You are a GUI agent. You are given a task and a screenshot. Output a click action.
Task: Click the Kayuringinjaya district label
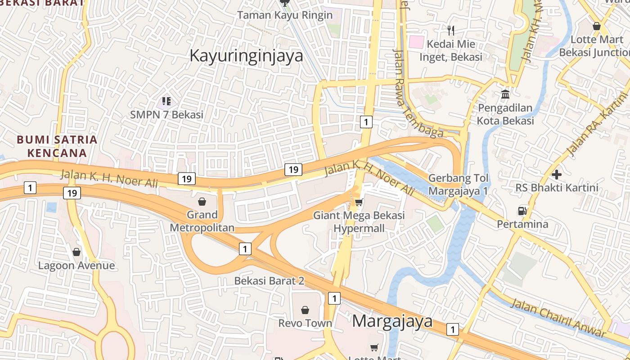[246, 56]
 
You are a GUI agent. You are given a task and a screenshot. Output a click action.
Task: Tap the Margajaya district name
[392, 321]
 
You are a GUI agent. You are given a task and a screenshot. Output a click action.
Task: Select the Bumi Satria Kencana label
[57, 146]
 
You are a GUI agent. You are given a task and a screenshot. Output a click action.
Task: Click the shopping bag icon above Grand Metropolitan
[202, 201]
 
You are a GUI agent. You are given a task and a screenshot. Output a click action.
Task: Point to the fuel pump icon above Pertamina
[522, 211]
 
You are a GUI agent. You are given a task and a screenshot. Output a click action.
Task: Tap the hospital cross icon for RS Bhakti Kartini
[557, 174]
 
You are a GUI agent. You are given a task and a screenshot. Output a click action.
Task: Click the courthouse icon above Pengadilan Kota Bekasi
[505, 94]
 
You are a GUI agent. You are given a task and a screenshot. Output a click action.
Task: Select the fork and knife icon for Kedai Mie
[451, 30]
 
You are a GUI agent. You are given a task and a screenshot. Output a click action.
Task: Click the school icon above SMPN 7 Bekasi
[166, 101]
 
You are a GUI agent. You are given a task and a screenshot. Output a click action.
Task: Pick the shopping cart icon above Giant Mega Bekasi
[359, 202]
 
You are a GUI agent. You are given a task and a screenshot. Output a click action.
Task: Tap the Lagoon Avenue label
[76, 265]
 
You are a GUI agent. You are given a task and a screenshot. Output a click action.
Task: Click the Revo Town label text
[305, 323]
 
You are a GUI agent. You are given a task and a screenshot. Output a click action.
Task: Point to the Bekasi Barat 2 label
[269, 281]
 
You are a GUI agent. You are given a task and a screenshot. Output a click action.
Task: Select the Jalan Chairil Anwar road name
[558, 318]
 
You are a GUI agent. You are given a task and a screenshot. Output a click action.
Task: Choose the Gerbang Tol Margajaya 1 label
[458, 184]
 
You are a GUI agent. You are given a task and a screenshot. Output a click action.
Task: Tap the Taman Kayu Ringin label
[285, 15]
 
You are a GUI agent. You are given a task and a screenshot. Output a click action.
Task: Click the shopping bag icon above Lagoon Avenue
[76, 252]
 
